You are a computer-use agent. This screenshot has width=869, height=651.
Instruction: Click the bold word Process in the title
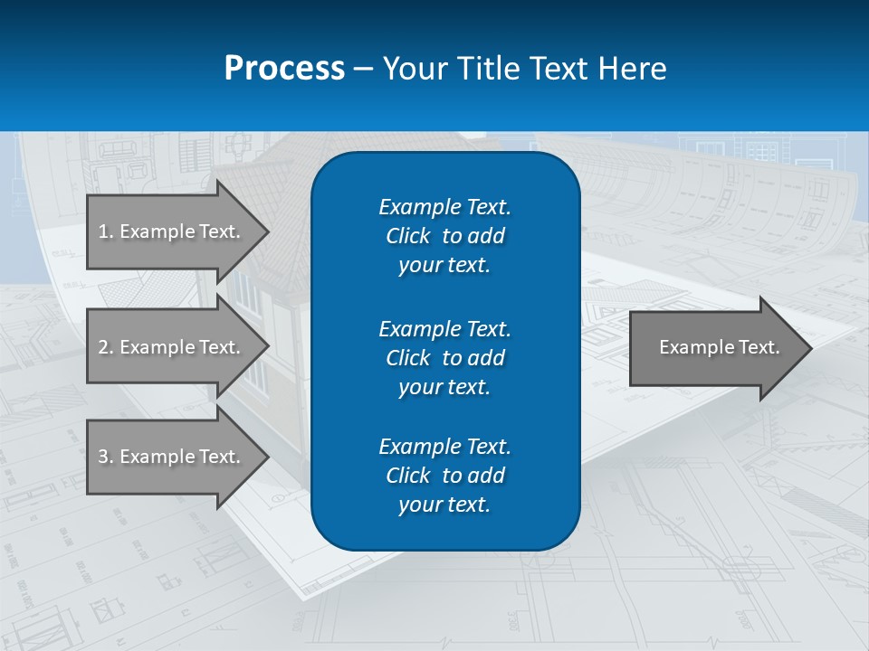pyautogui.click(x=284, y=69)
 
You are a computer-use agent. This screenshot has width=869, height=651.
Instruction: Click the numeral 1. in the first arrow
pyautogui.click(x=106, y=231)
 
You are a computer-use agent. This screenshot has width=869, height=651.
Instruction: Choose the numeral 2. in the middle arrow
pyautogui.click(x=106, y=347)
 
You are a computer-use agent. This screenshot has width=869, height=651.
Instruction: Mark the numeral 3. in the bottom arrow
pyautogui.click(x=106, y=457)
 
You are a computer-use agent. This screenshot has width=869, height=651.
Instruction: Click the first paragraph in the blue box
pyautogui.click(x=444, y=236)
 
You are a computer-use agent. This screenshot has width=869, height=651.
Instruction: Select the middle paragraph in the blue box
pyautogui.click(x=444, y=357)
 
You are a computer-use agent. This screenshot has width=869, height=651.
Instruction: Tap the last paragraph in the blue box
pyautogui.click(x=444, y=476)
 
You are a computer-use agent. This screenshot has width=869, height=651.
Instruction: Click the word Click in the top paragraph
pyautogui.click(x=407, y=236)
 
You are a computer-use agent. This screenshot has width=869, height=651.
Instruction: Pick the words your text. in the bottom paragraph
pyautogui.click(x=444, y=505)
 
